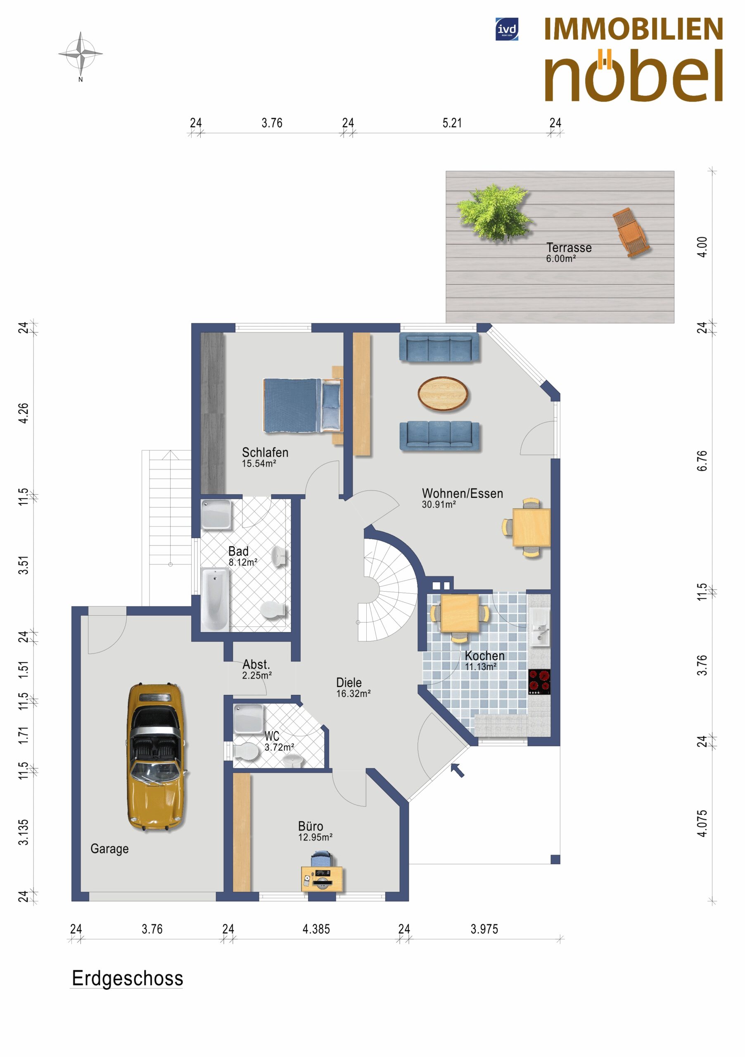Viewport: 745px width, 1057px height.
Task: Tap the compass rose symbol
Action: (x=81, y=54)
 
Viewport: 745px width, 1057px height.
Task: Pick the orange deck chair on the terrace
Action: (x=630, y=232)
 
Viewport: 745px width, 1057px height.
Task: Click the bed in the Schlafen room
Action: (x=303, y=405)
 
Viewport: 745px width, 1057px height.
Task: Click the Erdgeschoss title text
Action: (x=128, y=978)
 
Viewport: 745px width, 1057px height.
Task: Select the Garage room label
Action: (x=109, y=848)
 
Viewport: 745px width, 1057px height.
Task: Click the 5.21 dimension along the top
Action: (x=452, y=123)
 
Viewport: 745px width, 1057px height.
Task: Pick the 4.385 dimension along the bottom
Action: (x=316, y=929)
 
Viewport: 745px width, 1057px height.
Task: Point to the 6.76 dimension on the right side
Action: (x=701, y=461)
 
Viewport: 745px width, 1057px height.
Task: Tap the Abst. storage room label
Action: (x=256, y=664)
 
